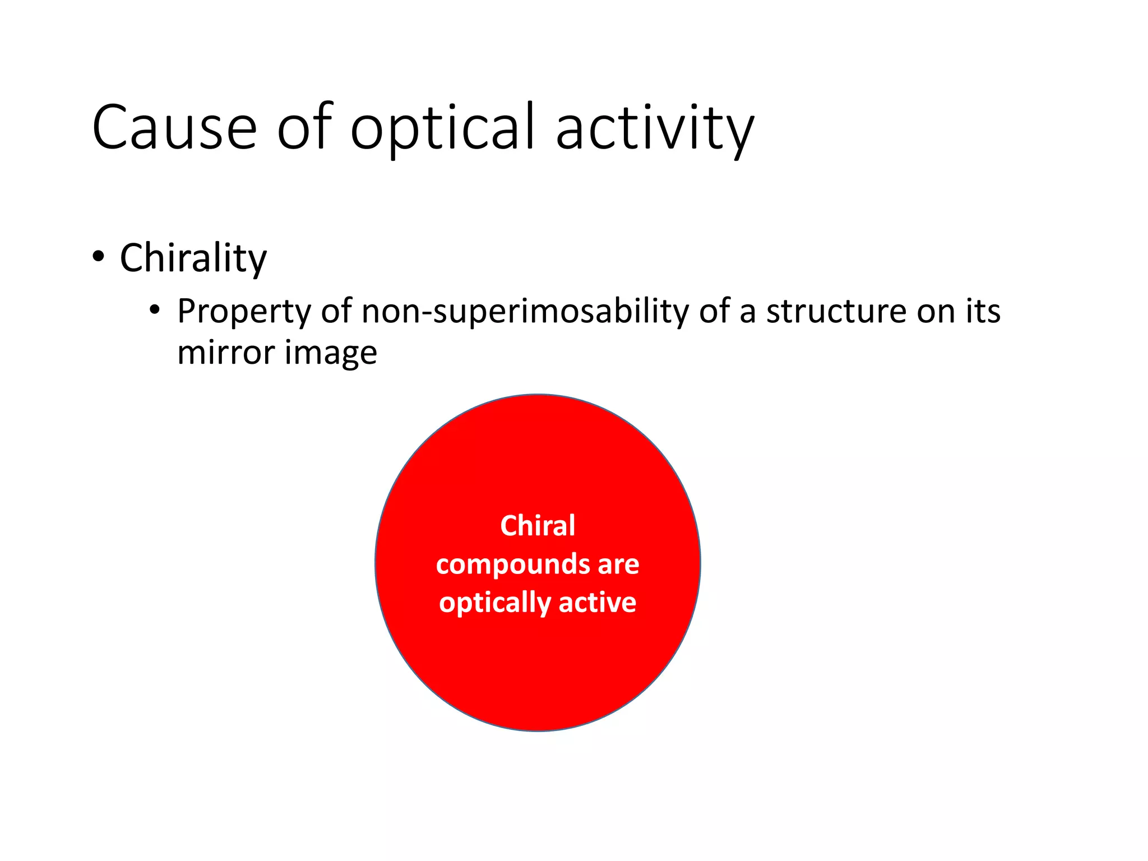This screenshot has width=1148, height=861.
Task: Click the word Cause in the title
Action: pos(174,128)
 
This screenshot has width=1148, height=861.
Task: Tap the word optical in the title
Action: pos(443,128)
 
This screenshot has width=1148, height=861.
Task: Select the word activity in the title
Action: pos(655,128)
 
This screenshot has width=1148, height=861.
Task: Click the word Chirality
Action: pos(193,258)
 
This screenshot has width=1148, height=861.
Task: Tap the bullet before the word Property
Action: pos(155,310)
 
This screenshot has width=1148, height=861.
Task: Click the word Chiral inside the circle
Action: pos(537,526)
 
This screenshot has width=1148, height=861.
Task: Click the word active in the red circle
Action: pos(598,603)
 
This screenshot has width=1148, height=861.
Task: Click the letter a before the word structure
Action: pos(748,312)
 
